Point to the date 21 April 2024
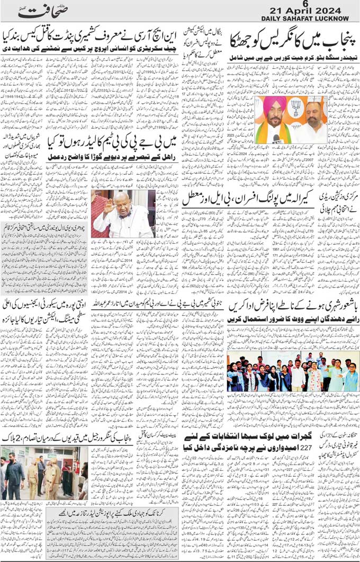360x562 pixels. click(304, 12)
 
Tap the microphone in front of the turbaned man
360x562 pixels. click(276, 139)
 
